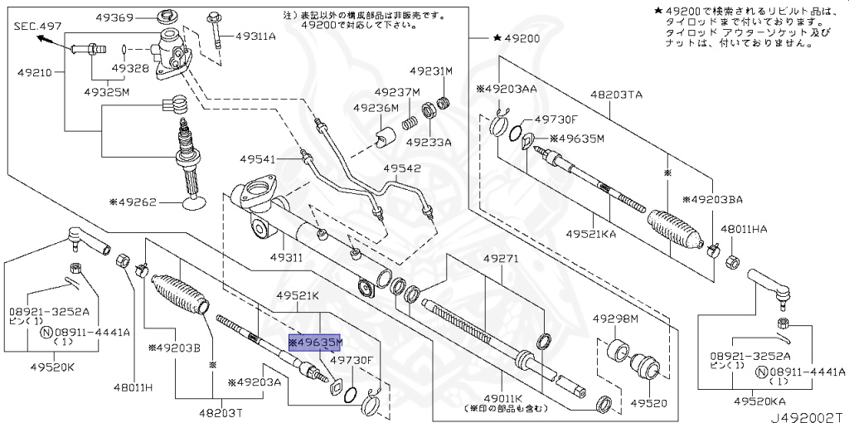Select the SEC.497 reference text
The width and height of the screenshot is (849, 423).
pyautogui.click(x=35, y=27)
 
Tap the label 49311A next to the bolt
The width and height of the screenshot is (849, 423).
pyautogui.click(x=256, y=36)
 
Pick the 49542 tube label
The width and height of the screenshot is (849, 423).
pyautogui.click(x=402, y=168)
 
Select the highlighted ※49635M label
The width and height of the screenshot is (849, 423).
pyautogui.click(x=314, y=342)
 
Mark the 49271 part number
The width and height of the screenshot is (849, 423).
pyautogui.click(x=501, y=260)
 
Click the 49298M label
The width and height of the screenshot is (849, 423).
pyautogui.click(x=615, y=318)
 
